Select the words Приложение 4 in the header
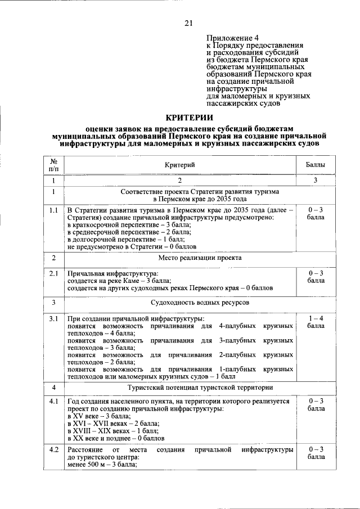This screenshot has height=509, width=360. pos(230,37)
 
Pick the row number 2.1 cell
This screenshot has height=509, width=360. pos(53,273)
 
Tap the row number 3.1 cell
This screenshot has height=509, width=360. pos(53,319)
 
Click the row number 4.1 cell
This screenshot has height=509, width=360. pos(53,401)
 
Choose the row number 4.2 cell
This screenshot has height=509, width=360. pos(53,449)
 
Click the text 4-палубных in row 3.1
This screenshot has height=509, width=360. pos(238,326)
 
